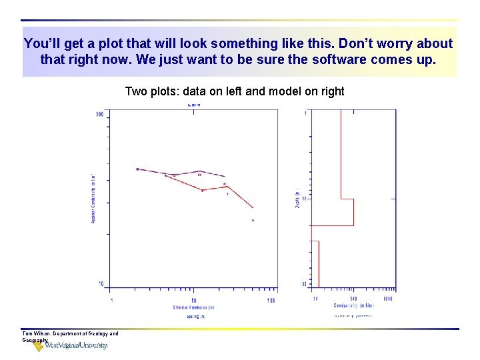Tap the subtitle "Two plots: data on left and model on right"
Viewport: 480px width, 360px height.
point(235,91)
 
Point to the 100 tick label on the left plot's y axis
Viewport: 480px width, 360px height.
point(99,114)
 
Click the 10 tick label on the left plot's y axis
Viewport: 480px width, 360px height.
point(100,285)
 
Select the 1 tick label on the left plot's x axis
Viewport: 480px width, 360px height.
point(111,301)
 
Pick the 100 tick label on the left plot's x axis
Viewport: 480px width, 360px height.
point(271,301)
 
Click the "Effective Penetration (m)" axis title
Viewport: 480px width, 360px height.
point(194,307)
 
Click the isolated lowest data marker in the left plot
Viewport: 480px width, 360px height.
point(253,220)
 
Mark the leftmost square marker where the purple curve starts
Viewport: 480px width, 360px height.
point(137,169)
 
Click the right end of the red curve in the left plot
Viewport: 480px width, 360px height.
point(253,207)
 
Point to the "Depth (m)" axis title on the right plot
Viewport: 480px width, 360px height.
point(297,199)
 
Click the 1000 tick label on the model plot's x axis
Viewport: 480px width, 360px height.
point(387,299)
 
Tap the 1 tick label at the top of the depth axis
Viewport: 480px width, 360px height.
point(305,113)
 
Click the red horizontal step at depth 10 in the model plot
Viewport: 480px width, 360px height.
point(347,199)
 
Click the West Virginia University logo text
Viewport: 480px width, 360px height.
point(75,346)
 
